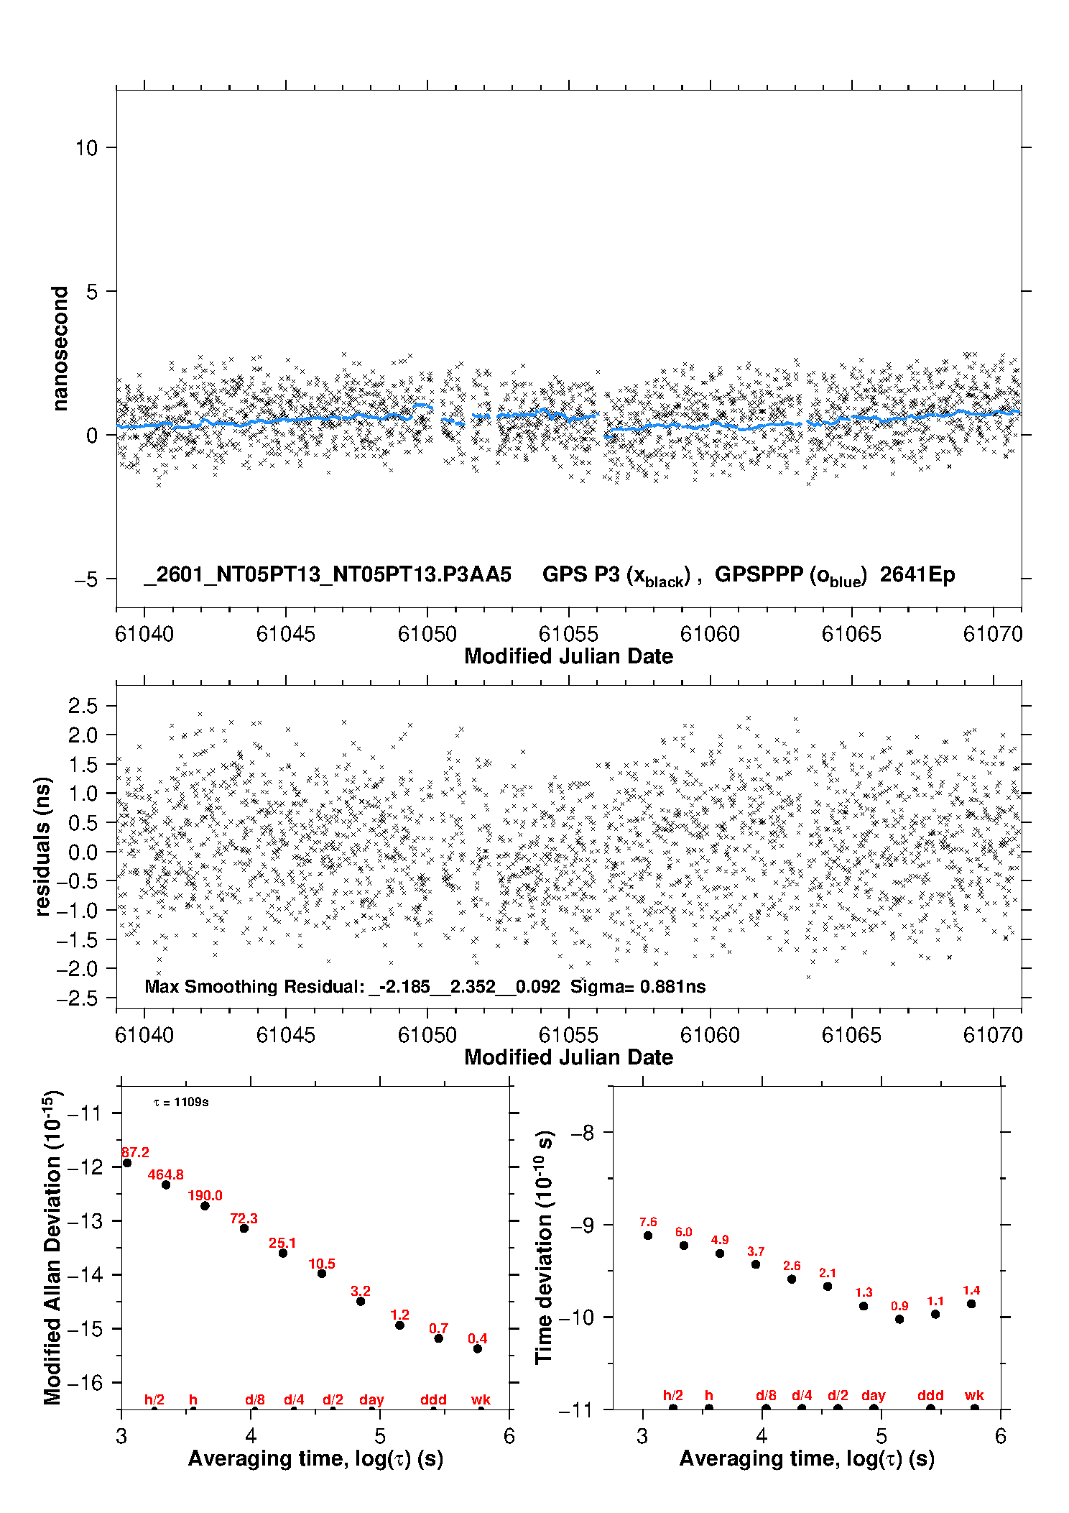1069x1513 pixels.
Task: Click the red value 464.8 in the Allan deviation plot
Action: (x=166, y=1174)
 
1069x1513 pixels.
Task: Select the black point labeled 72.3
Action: (x=244, y=1228)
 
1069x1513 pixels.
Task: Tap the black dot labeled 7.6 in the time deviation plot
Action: (x=648, y=1236)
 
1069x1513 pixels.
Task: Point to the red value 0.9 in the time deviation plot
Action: (x=899, y=1306)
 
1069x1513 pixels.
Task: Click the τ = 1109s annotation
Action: (x=181, y=1103)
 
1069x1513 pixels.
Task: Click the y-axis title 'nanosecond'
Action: (x=60, y=349)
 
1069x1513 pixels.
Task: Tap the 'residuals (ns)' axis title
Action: (x=43, y=847)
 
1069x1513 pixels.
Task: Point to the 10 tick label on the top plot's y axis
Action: (x=86, y=148)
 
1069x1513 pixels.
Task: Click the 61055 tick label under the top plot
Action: (x=568, y=634)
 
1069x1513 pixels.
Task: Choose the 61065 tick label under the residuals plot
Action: (x=851, y=1035)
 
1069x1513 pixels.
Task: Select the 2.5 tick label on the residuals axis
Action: (x=83, y=706)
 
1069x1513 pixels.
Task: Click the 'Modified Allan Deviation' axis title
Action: (x=52, y=1248)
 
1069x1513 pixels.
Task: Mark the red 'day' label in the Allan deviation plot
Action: (x=371, y=1399)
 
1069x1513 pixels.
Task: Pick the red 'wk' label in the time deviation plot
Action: (x=974, y=1395)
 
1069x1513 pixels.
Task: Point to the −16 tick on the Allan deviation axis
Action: (x=85, y=1382)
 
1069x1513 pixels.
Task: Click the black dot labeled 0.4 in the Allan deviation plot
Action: (x=478, y=1348)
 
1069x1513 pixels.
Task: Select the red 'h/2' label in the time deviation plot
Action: (x=673, y=1395)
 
